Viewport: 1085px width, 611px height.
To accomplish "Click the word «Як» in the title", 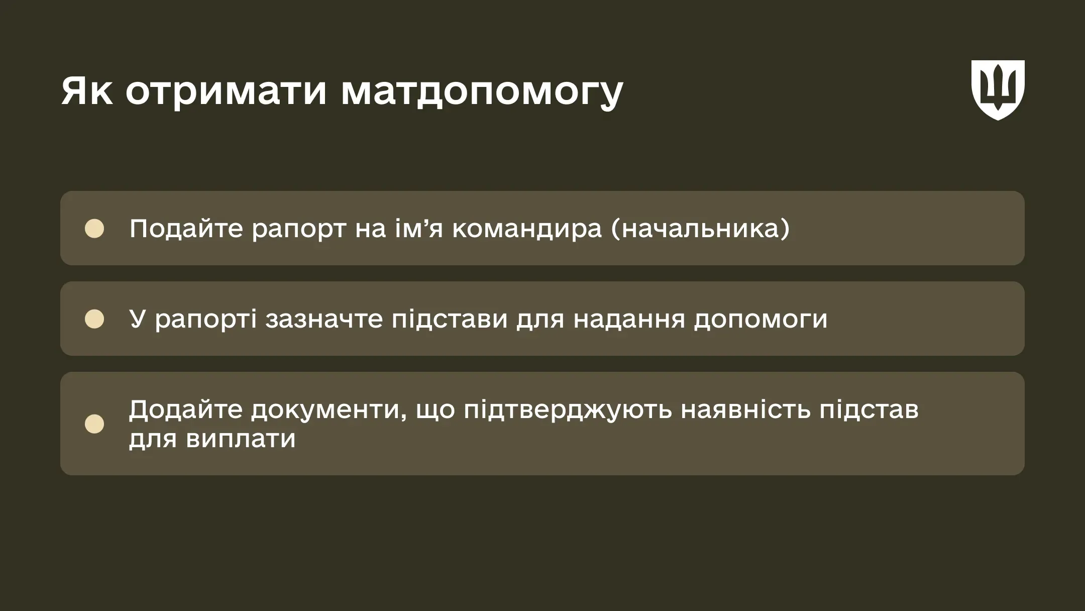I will [87, 91].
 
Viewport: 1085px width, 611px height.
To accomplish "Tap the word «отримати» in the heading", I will [226, 91].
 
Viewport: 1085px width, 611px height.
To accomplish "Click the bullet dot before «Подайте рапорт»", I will [94, 229].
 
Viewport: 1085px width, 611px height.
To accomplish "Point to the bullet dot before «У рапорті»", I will [94, 319].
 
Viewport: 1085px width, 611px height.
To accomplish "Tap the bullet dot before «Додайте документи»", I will [94, 424].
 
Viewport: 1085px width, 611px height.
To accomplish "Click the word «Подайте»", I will [186, 229].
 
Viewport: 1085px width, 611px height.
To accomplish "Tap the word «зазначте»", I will [324, 320].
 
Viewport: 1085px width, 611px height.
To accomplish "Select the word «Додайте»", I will [185, 410].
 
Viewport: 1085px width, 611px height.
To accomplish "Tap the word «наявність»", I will [745, 410].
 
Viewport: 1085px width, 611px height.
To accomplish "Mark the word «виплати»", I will [241, 439].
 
